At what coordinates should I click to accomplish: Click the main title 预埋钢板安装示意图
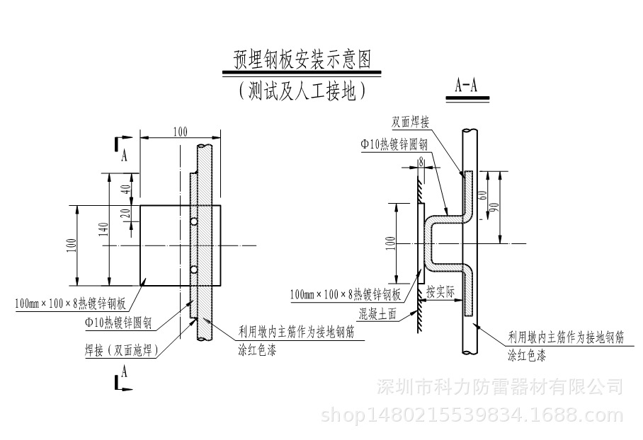point(302,58)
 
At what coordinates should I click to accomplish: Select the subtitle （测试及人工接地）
point(302,91)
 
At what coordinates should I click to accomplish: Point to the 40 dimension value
point(126,189)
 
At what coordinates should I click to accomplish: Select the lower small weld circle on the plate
point(194,270)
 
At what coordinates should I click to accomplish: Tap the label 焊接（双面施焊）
point(121,349)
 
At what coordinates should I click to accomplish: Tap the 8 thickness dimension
point(421,161)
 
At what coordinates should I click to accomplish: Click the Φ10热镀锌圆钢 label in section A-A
point(394,144)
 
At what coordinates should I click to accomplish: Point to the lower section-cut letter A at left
point(125,370)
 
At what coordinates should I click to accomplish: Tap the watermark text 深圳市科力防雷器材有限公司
point(501,388)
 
